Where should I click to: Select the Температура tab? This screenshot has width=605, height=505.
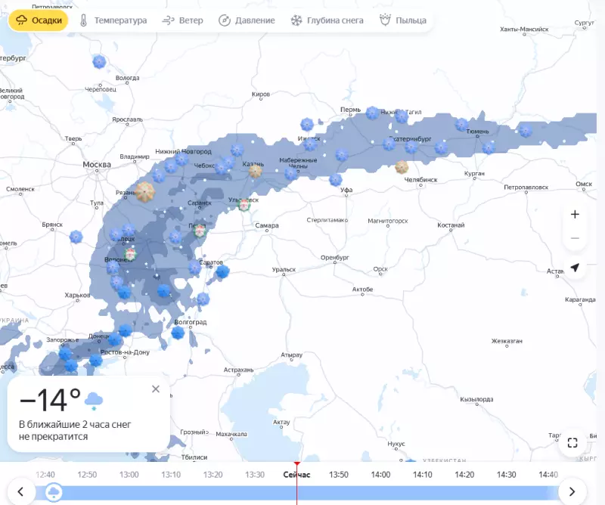[113, 20]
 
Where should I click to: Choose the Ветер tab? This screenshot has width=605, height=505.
[183, 20]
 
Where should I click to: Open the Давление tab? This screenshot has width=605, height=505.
[247, 20]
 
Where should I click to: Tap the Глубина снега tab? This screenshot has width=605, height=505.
[327, 20]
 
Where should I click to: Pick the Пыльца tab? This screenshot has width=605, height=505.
[403, 20]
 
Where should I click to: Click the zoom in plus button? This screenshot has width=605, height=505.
[575, 214]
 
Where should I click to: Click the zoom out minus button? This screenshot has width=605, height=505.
[575, 238]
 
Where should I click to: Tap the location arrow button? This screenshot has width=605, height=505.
[575, 268]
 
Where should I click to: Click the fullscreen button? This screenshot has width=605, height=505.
[572, 443]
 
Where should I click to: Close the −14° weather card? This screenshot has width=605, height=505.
[156, 389]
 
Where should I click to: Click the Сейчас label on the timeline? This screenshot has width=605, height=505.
[296, 475]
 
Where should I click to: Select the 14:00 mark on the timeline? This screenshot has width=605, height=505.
[380, 475]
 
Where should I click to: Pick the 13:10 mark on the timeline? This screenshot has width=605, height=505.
[171, 475]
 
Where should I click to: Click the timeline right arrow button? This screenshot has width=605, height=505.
[572, 492]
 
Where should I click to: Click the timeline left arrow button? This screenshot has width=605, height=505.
[21, 492]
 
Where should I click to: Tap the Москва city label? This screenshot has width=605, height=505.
[97, 165]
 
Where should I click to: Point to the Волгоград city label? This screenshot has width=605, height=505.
[191, 322]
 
